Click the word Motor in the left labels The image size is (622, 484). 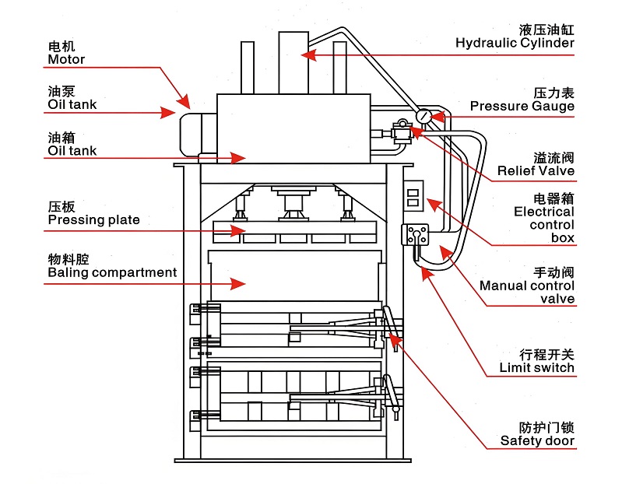[x=66, y=59]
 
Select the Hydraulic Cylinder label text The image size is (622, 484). [x=515, y=43]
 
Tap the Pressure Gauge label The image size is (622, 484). [x=522, y=106]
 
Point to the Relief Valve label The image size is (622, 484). [x=536, y=170]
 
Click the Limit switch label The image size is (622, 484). [x=536, y=367]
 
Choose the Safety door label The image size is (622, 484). [x=537, y=440]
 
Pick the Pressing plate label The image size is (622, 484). [x=93, y=219]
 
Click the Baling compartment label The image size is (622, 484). [x=112, y=272]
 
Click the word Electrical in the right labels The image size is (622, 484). [x=543, y=212]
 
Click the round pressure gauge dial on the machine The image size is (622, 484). [x=423, y=116]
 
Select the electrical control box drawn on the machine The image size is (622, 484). [x=413, y=195]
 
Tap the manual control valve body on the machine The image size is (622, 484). [x=415, y=236]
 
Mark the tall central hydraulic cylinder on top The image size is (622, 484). [x=293, y=62]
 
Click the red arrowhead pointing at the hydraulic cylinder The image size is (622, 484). [x=308, y=55]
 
